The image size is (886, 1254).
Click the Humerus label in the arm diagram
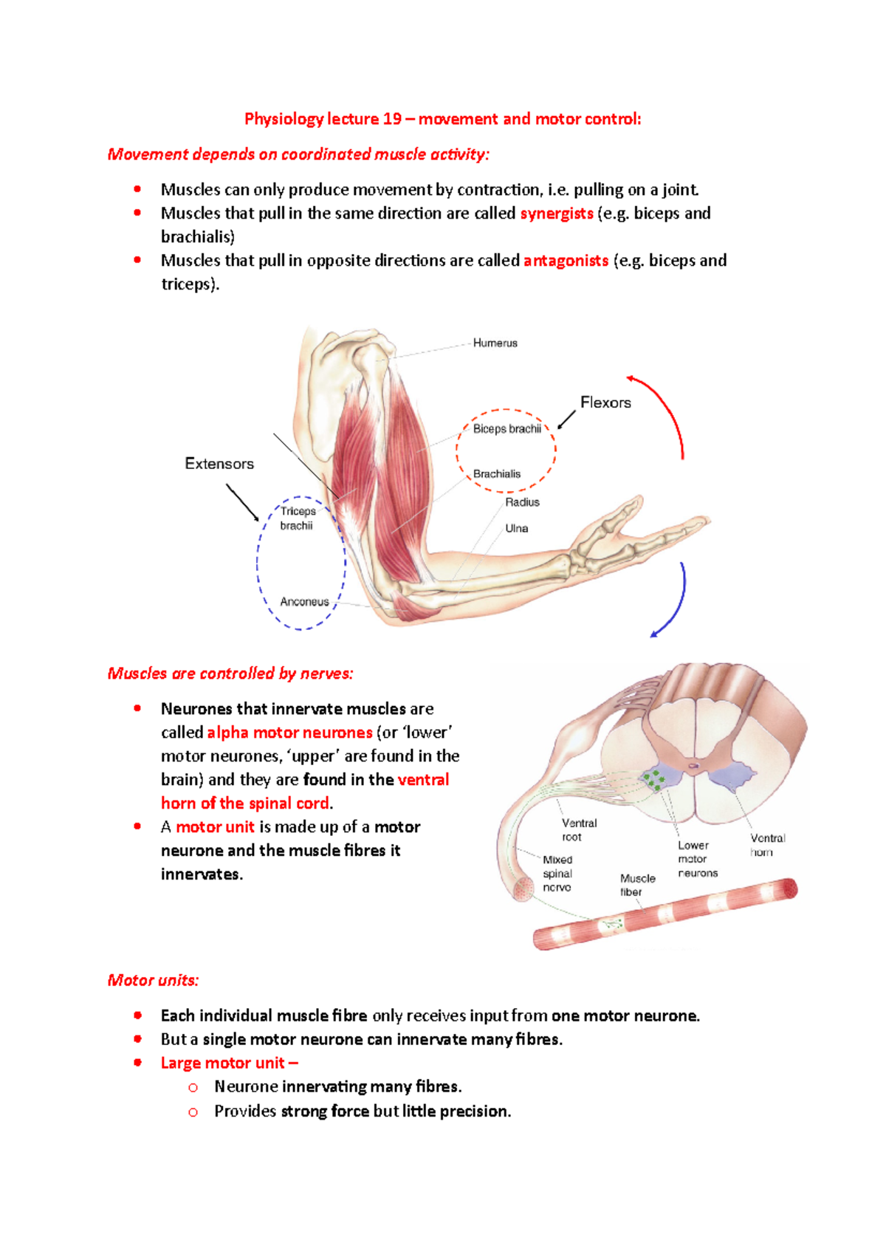point(495,343)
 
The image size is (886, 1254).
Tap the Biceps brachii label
point(506,429)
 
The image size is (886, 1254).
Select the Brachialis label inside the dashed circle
point(496,474)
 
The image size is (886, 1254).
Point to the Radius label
point(522,502)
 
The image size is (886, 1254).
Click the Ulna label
point(516,529)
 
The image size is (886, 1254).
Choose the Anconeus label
point(304,602)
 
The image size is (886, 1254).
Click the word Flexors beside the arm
point(605,402)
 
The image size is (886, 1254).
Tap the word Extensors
point(219,464)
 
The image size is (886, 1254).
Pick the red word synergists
point(557,213)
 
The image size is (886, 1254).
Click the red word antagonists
point(566,261)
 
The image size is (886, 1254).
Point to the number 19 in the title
point(392,119)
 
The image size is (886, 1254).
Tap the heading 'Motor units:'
point(153,980)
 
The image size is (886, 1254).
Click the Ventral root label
point(578,830)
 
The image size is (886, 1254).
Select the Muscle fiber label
point(637,885)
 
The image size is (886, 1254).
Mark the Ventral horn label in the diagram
point(766,845)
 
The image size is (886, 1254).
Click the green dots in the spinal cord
point(653,781)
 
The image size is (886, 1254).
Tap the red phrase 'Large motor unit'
point(222,1063)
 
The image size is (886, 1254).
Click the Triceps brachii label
point(298,518)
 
